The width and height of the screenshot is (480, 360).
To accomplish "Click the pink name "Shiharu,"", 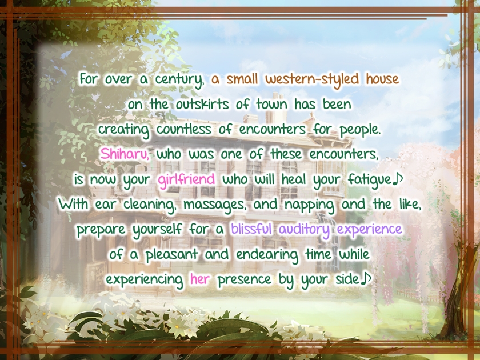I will (x=125, y=154).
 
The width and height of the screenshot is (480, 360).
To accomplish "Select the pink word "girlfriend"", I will (x=187, y=179).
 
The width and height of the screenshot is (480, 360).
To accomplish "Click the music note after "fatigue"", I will (x=399, y=179).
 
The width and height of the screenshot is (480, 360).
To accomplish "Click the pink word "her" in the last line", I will (x=200, y=279).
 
